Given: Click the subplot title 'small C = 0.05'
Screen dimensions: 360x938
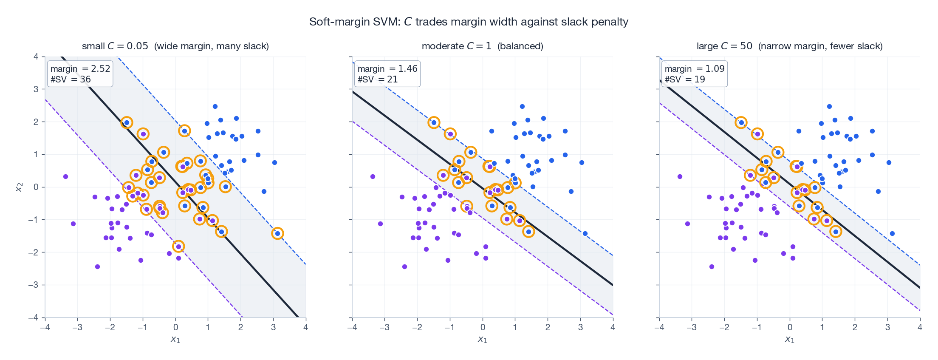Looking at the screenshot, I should (115, 46).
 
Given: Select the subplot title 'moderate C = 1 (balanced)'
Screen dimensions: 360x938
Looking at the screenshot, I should (482, 46).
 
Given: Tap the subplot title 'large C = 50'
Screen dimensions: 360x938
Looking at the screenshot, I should (724, 46).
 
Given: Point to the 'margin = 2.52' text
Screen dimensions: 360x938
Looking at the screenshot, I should (80, 69).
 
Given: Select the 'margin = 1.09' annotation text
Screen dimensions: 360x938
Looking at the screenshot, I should (694, 69).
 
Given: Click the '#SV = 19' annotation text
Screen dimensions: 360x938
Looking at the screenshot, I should (685, 79).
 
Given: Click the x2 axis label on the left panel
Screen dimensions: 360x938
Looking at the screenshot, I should (19, 187).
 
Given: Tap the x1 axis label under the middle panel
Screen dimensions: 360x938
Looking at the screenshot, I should (482, 339).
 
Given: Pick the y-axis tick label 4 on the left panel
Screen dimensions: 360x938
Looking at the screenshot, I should (36, 57).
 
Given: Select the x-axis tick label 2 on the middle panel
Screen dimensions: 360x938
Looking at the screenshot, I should (548, 327).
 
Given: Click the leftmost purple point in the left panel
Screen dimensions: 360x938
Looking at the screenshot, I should (65, 176).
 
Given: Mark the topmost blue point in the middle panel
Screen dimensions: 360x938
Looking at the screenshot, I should (522, 106).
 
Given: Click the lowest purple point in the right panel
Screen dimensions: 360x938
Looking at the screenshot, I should (712, 266).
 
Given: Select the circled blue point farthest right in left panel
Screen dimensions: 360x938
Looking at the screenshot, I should (277, 233).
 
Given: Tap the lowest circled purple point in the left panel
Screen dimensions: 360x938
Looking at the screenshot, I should (178, 247).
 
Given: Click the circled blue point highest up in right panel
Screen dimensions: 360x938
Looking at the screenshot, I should (741, 122).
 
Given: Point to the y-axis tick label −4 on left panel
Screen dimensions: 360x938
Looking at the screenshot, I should (35, 317).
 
